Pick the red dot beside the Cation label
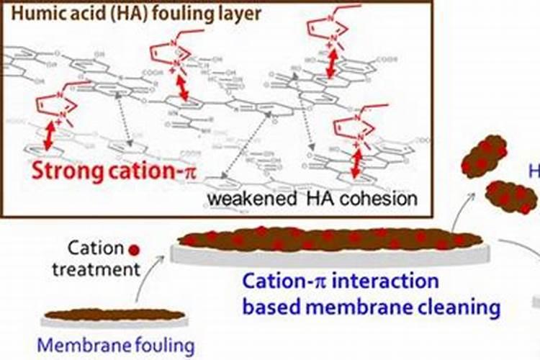coord(133,251)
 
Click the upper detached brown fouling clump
coord(483,156)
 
